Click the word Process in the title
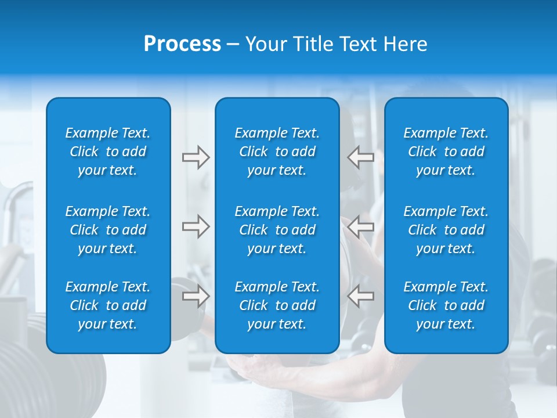click(x=182, y=44)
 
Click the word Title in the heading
click(x=311, y=44)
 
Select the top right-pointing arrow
click(x=196, y=157)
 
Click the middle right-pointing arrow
click(x=196, y=226)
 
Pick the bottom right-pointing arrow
click(x=196, y=296)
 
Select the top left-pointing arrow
click(x=360, y=157)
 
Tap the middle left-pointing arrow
click(x=360, y=226)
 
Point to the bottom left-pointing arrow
click(x=360, y=296)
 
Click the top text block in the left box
click(x=108, y=152)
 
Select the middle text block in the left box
click(x=108, y=230)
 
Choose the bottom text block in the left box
click(x=108, y=305)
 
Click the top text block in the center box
click(x=277, y=152)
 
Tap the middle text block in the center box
click(x=277, y=230)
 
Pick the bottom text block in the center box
click(x=277, y=305)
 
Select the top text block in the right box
click(x=446, y=152)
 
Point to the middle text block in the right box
click(x=446, y=230)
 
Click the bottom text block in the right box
click(x=446, y=305)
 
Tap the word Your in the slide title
click(x=265, y=44)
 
